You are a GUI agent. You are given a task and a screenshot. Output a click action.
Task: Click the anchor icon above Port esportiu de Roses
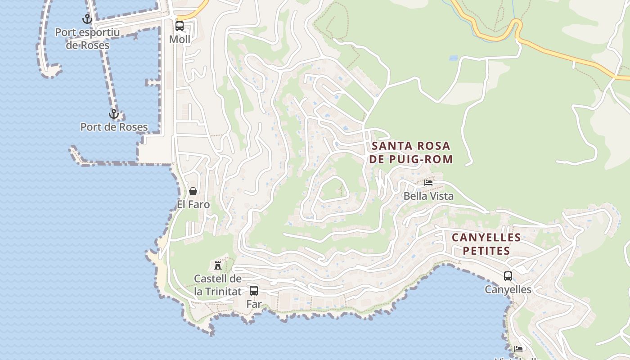pos(87,19)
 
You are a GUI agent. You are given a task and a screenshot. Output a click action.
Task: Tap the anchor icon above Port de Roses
pos(113,114)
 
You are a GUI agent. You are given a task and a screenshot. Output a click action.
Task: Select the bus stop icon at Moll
pos(180,26)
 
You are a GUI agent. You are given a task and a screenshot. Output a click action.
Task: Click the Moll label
pos(180,40)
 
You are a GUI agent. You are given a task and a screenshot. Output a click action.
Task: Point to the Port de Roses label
pos(114,127)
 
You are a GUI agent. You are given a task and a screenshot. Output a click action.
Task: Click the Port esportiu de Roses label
pos(87,39)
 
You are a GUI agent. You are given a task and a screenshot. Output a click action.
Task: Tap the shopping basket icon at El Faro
pos(193,191)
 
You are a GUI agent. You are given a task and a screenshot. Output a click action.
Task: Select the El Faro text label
pos(193,205)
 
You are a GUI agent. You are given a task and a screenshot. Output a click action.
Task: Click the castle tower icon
pos(218,265)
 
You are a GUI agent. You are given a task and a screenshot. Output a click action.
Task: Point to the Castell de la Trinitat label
pos(218,285)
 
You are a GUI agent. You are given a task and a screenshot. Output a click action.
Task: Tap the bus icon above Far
pos(254,291)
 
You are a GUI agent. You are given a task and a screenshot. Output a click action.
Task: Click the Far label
pos(254,304)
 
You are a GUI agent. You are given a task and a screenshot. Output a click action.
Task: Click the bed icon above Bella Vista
pos(428,183)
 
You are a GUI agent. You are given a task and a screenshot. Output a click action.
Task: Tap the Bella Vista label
pos(428,196)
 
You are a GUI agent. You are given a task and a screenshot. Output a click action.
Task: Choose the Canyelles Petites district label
pos(486,244)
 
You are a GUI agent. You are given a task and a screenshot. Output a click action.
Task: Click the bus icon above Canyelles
pos(508,276)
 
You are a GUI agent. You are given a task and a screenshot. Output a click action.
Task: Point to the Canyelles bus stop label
pos(508,290)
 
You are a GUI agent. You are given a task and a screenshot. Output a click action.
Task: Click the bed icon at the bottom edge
pos(518,349)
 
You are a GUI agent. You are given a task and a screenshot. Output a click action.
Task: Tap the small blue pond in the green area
pos(453,58)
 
